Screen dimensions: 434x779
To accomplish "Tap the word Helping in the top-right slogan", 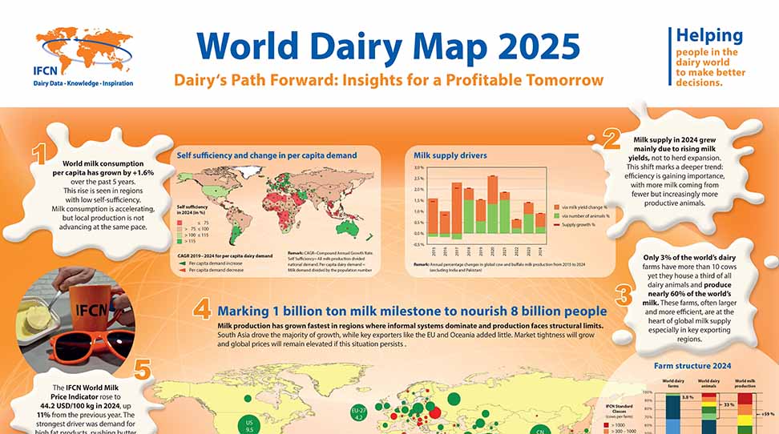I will pyautogui.click(x=709, y=35).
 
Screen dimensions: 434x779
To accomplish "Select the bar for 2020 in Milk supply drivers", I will pyautogui.click(x=493, y=204).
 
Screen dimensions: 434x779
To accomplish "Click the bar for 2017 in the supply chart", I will pyautogui.click(x=456, y=210).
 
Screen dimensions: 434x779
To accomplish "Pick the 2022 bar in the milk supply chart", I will pyautogui.click(x=517, y=227).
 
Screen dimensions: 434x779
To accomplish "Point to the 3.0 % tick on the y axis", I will pyautogui.click(x=418, y=168).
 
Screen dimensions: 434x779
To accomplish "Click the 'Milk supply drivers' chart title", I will pyautogui.click(x=450, y=155).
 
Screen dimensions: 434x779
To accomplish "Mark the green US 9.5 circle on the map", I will pyautogui.click(x=249, y=424).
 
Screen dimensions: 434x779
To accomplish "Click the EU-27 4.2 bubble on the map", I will pyautogui.click(x=359, y=413).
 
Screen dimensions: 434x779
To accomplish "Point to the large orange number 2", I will pyautogui.click(x=611, y=139).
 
